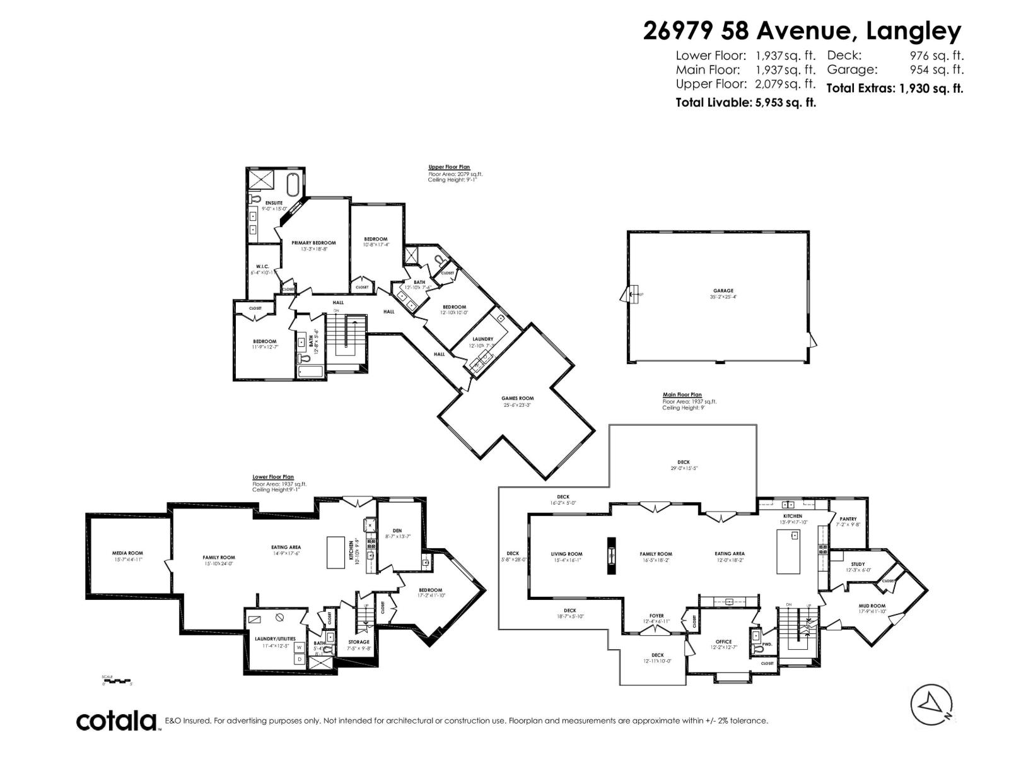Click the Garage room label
point(723,291)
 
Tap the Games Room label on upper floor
point(517,398)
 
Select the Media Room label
point(127,553)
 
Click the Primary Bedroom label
point(313,243)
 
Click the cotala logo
point(117,720)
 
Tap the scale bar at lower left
point(116,680)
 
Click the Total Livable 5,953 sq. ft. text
point(745,102)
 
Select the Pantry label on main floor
point(848,519)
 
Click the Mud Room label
point(872,606)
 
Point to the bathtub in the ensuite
point(293,184)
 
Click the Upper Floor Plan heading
point(449,167)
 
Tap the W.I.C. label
point(260,267)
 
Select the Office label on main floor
point(723,642)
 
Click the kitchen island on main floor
point(788,552)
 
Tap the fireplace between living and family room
point(611,556)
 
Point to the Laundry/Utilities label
point(275,638)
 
